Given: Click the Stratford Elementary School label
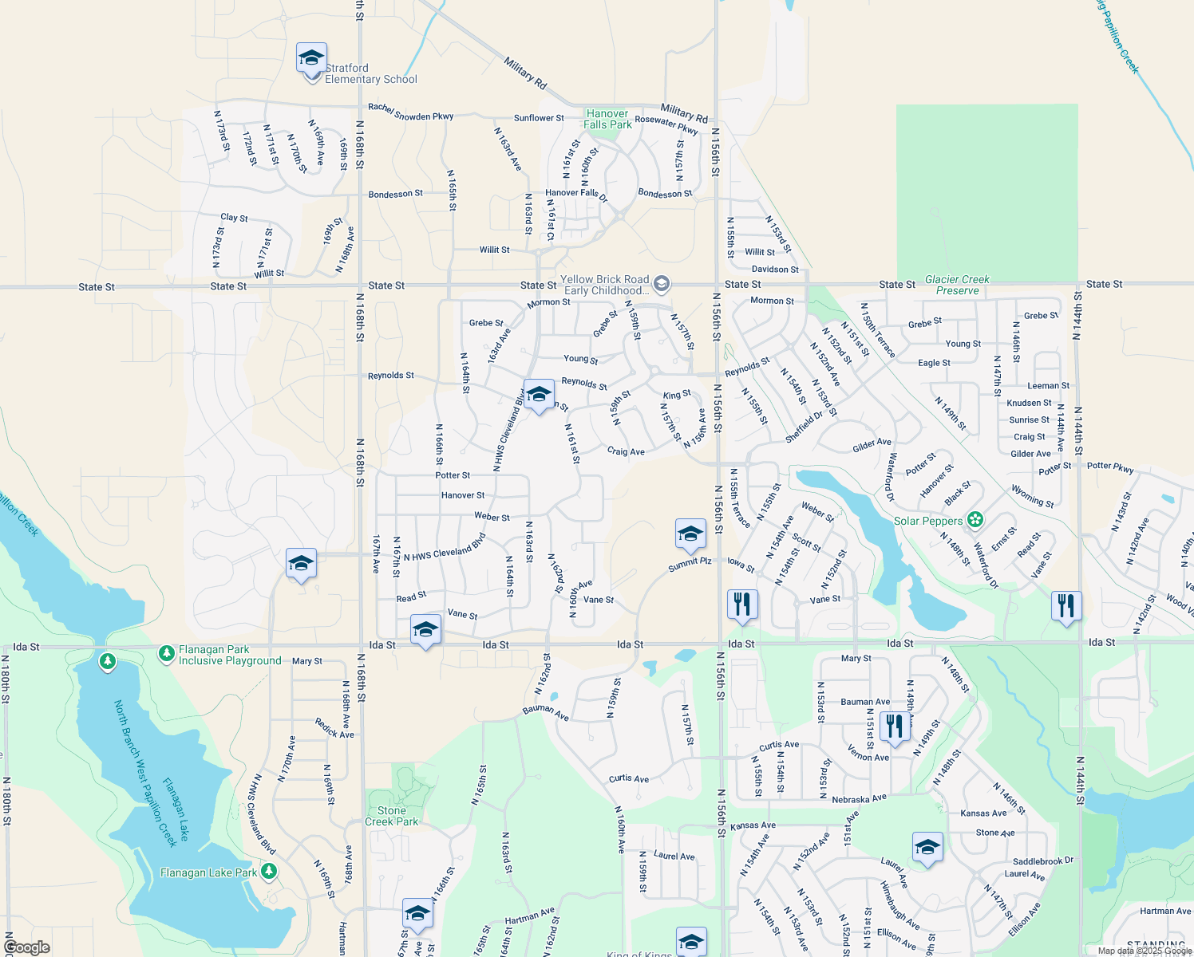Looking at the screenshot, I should point(370,74).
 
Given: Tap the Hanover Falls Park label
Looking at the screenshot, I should point(607,119).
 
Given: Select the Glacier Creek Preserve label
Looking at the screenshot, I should point(957,285).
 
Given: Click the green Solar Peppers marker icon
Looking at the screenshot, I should point(975,520).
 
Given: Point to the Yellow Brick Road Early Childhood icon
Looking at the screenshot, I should point(661,284).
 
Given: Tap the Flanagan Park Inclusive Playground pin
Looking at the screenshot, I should point(166,654).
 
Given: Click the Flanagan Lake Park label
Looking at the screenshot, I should point(208,872).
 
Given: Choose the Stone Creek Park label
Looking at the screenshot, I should point(391,816).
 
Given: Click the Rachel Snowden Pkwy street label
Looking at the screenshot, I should point(410,112).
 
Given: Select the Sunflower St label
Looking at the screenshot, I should point(539,118).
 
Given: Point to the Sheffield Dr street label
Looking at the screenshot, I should point(804,427).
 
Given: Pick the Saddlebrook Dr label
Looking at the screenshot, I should point(1042,861).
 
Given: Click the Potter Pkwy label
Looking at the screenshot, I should point(1110,467).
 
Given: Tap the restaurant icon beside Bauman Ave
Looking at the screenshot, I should point(894,726).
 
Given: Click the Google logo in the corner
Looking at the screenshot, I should point(26,947).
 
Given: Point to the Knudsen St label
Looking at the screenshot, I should point(1029,403).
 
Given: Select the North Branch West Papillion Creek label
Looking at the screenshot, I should point(144,774).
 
